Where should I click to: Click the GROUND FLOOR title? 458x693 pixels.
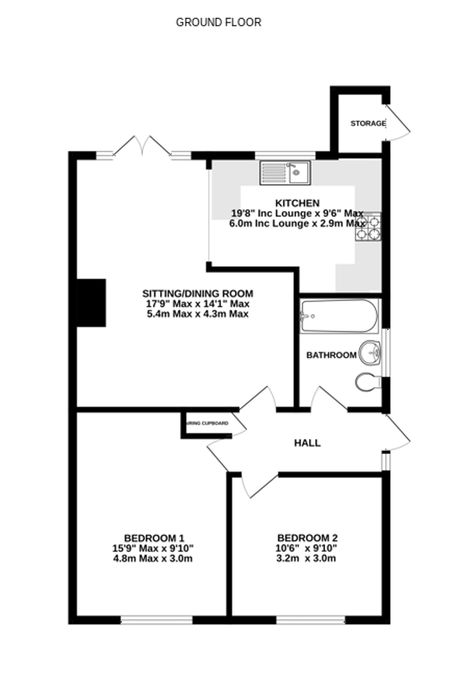(218, 22)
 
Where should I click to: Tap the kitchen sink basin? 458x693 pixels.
(299, 173)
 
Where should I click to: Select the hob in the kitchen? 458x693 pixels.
(368, 227)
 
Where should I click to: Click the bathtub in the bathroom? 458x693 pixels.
(339, 316)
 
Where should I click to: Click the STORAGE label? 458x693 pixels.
(368, 124)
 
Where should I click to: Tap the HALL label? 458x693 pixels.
(307, 443)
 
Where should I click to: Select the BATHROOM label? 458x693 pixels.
(331, 355)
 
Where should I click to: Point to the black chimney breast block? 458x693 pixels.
(91, 303)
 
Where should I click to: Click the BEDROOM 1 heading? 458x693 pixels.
(154, 538)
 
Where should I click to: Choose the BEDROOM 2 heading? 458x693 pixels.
(307, 538)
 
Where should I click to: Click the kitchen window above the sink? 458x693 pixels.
(285, 155)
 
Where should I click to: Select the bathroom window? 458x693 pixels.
(386, 353)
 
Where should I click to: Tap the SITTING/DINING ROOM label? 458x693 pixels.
(198, 293)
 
